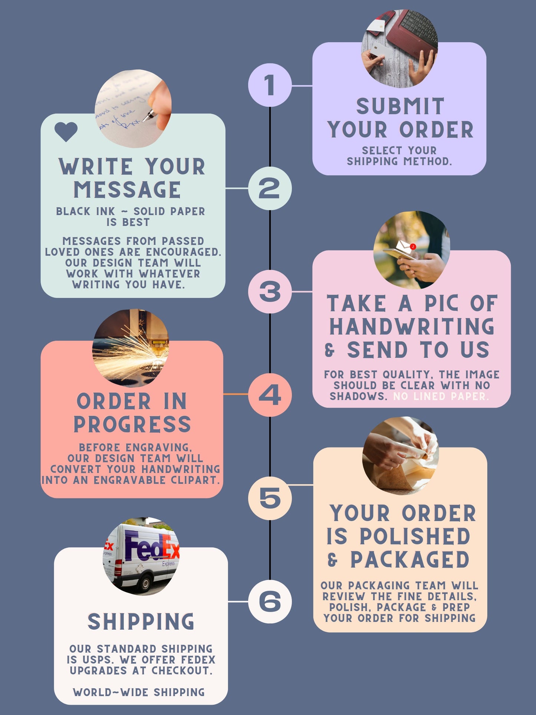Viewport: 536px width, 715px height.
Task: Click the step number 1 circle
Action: (270, 85)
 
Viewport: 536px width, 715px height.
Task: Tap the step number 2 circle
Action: (270, 188)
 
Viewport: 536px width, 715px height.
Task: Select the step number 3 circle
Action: (270, 292)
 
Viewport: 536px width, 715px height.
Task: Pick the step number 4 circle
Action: (270, 394)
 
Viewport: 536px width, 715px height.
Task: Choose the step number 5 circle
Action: (270, 498)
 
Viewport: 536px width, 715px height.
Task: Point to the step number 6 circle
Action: (270, 601)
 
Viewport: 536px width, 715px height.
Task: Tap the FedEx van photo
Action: (141, 556)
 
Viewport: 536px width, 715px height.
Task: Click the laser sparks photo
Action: (131, 348)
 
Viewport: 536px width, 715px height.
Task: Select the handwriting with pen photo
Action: (133, 108)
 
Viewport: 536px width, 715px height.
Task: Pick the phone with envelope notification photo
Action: (412, 250)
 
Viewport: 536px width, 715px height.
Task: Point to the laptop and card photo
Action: (400, 49)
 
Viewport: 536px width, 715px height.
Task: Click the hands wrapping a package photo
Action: (401, 456)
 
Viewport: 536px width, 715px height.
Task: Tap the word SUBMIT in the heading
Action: (400, 107)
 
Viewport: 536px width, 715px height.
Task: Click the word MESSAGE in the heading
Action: (127, 190)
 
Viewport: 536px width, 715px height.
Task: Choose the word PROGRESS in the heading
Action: (132, 424)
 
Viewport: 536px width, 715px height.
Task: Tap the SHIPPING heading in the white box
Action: (141, 621)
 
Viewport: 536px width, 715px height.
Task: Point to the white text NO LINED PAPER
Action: (441, 396)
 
